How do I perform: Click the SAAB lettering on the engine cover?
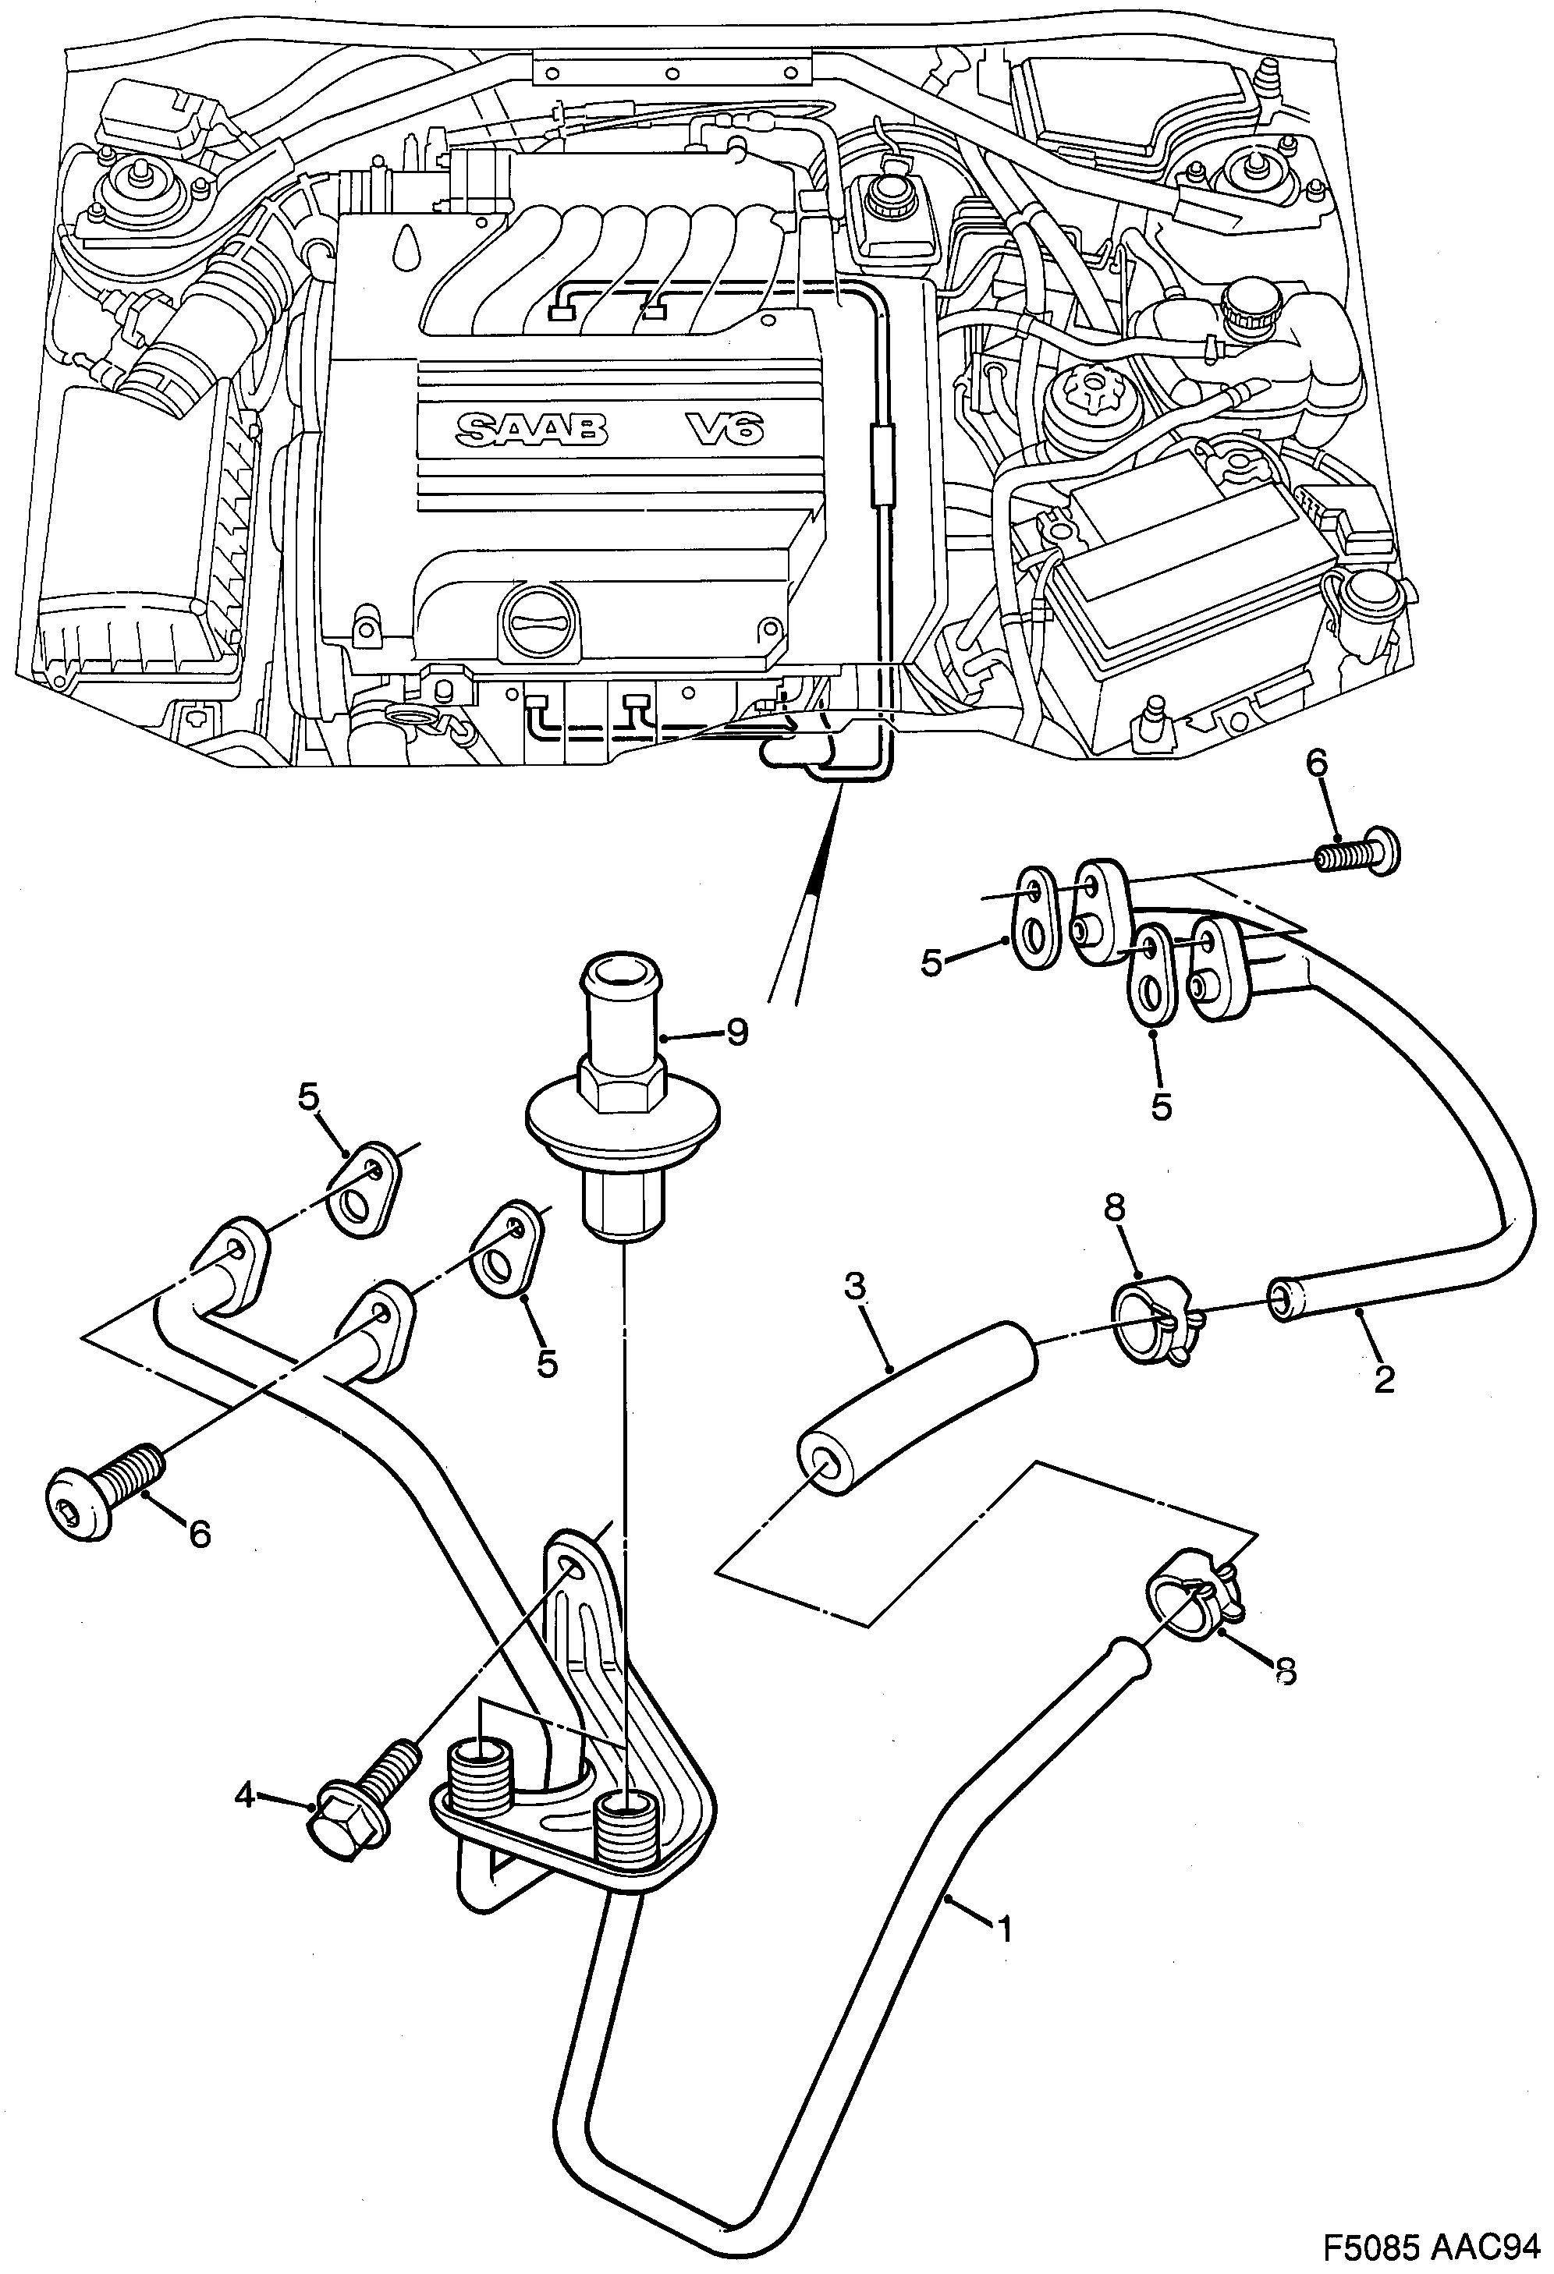coord(531,430)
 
